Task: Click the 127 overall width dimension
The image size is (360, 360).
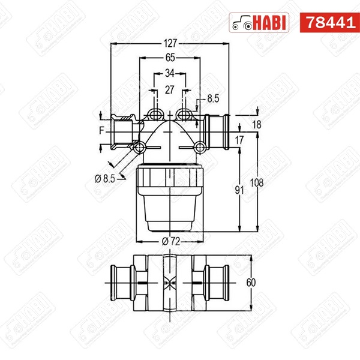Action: coord(170,43)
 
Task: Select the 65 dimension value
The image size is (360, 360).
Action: coord(170,58)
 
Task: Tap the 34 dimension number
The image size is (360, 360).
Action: coord(170,74)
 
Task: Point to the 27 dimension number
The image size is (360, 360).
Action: coord(170,90)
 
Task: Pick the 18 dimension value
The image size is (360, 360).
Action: coord(256,124)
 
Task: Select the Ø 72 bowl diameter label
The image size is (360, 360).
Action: coord(170,241)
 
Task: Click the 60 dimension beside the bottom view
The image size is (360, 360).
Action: coord(256,282)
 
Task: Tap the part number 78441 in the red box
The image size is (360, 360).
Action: coord(326,23)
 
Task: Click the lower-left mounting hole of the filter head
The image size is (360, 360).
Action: coord(139,146)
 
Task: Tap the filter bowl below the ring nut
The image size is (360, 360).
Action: coord(170,213)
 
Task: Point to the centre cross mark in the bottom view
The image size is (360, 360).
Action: coord(170,282)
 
